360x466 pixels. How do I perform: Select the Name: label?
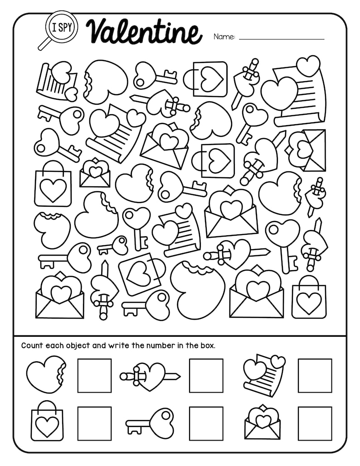(224, 37)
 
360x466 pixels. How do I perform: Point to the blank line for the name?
(281, 39)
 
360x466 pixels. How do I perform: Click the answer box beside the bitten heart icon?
(94, 375)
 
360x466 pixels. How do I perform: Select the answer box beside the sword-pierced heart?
(206, 375)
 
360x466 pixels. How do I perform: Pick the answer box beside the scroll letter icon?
(315, 375)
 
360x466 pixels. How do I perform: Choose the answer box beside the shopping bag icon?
(94, 423)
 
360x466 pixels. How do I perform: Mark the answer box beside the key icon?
(206, 423)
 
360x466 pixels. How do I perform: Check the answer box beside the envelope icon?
(315, 423)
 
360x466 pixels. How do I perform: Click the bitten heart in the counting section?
(46, 375)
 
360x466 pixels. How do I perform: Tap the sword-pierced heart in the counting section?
(150, 375)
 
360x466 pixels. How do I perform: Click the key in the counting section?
(150, 422)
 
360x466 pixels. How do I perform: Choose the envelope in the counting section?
(262, 422)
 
